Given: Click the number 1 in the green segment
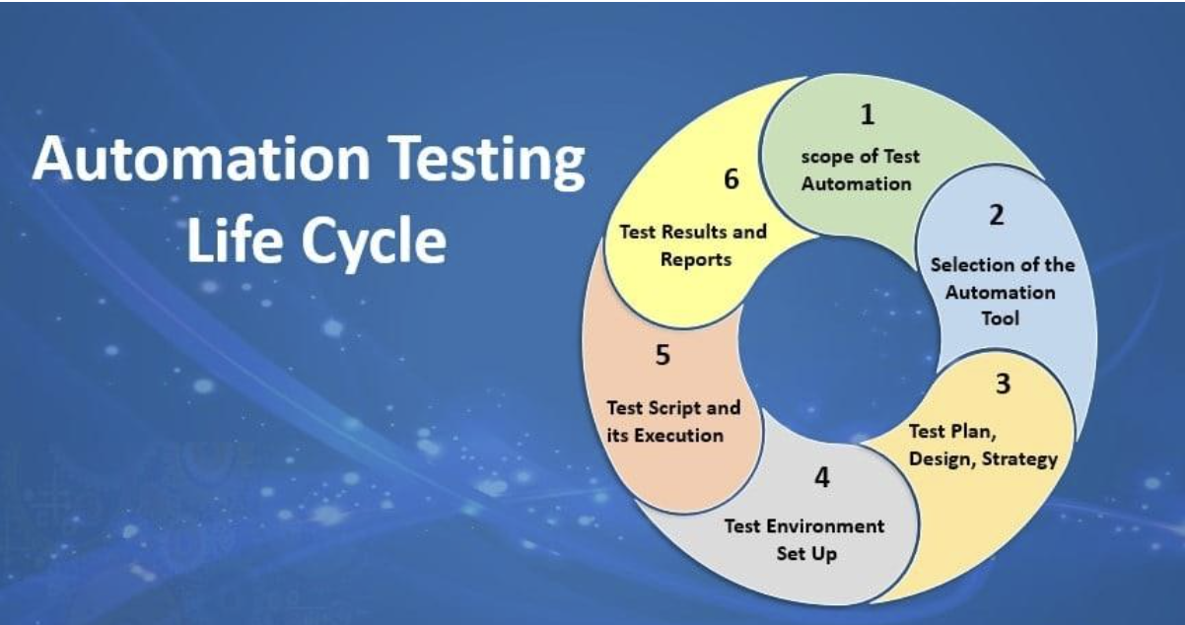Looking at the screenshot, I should (867, 115).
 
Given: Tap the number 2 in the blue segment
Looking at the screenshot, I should (997, 215).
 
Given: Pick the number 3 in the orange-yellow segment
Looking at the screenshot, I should (1002, 383).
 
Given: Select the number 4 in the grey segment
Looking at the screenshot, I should (821, 478).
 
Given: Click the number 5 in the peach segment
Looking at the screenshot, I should (662, 355).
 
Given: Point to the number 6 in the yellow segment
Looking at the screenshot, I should (730, 179).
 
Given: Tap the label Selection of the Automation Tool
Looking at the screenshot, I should (1002, 292).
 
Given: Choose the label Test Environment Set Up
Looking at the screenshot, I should (804, 539).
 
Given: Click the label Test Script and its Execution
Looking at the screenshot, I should (671, 421).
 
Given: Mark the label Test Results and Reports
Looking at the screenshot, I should (692, 246).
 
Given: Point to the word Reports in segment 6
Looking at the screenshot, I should (697, 260).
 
